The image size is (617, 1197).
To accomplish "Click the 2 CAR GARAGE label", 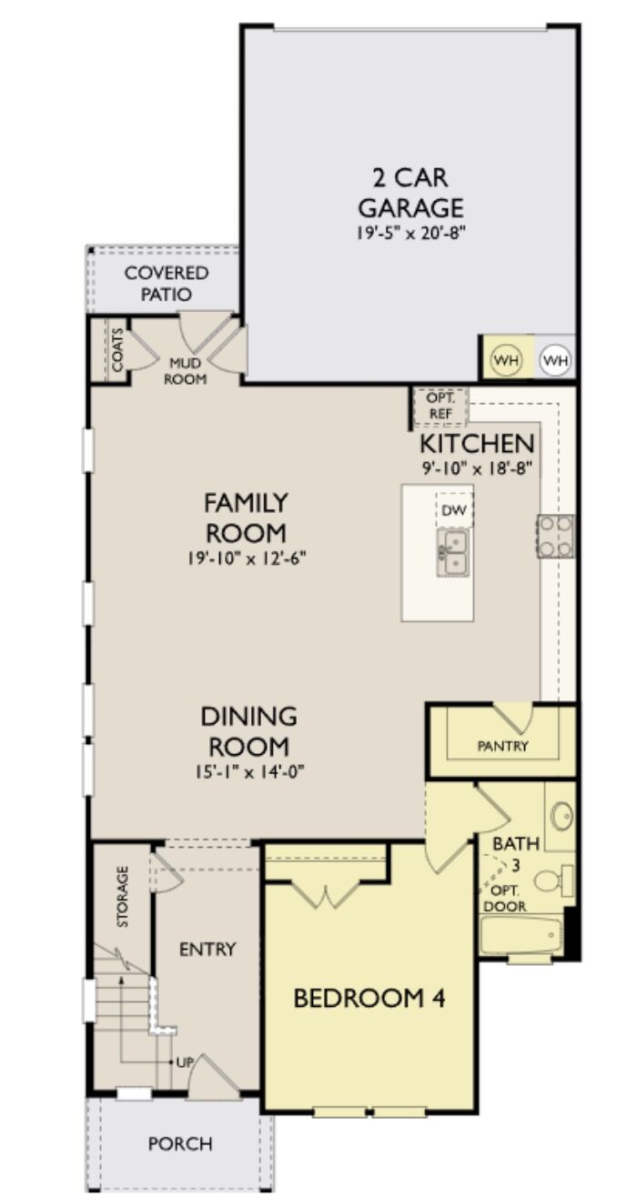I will (x=410, y=192).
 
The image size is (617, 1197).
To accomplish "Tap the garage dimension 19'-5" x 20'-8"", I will (x=410, y=233).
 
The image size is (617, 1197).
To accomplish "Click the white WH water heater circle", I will (x=556, y=360).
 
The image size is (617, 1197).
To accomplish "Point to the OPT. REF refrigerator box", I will (x=440, y=407).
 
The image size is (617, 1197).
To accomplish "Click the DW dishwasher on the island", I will (x=453, y=511).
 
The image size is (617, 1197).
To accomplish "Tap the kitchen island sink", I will (x=452, y=551).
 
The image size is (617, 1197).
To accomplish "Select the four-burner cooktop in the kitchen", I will (x=555, y=536).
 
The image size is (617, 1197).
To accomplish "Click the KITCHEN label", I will (x=476, y=444).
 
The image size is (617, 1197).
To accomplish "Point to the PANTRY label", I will (x=502, y=746).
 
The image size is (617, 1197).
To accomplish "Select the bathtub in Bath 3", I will (x=522, y=934).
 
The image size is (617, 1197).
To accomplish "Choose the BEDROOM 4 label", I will (x=369, y=998).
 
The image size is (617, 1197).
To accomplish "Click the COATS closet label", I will (x=117, y=349).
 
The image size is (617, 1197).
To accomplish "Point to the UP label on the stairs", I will (x=183, y=1061).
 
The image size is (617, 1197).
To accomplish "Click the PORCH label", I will (x=180, y=1143).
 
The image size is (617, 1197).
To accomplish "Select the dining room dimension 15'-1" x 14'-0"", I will (x=248, y=771).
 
